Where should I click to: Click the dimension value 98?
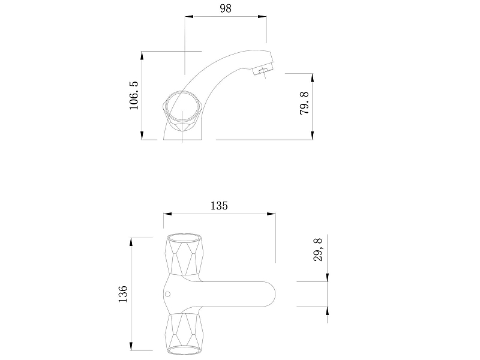click(226, 8)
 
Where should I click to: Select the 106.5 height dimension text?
click(134, 95)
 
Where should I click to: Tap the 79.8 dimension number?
click(304, 103)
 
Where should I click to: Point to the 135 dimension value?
click(219, 206)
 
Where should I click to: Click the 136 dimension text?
click(123, 294)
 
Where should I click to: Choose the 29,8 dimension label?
click(318, 250)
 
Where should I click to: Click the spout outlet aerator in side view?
click(262, 70)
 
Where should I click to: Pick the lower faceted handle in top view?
click(184, 334)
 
